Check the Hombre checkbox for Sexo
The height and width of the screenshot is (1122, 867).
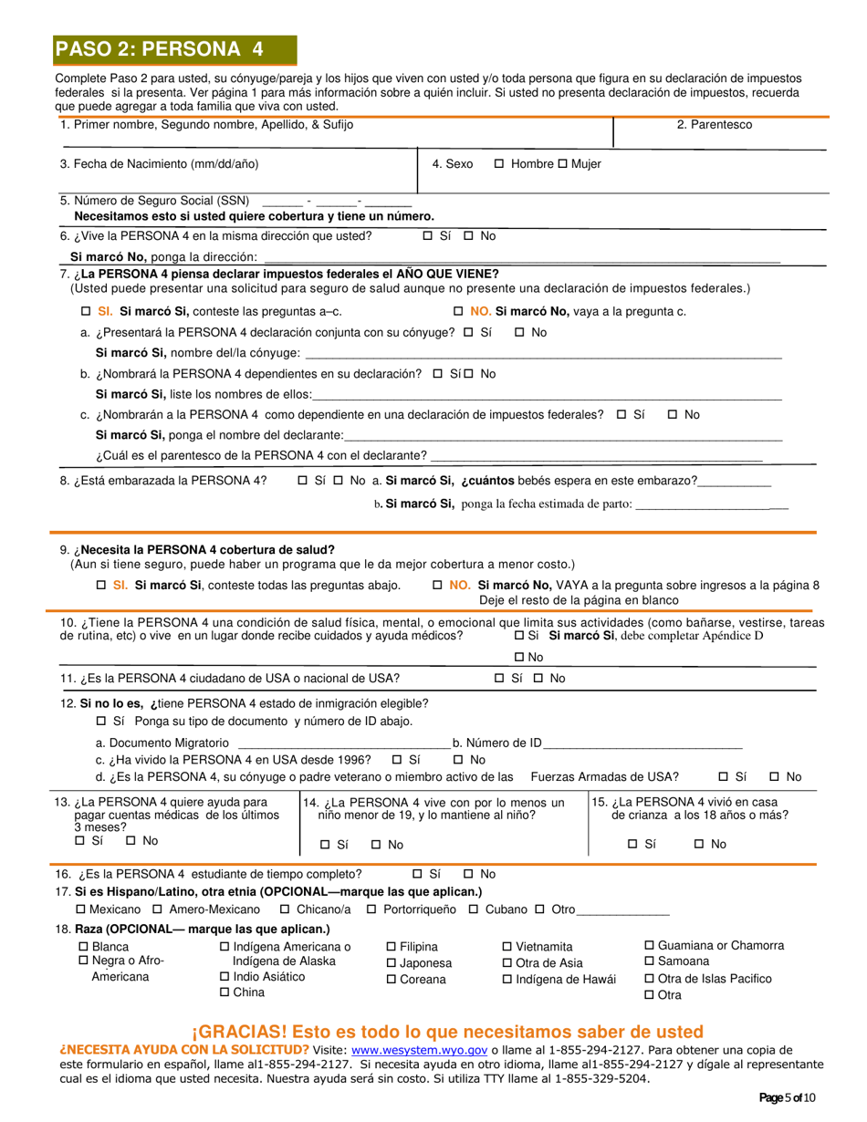click(499, 164)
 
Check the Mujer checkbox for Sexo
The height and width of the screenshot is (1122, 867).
click(562, 164)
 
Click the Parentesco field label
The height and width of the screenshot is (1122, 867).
click(714, 125)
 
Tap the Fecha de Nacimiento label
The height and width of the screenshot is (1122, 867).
click(159, 164)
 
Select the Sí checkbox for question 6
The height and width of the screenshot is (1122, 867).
click(428, 236)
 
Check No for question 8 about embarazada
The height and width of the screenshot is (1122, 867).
click(338, 481)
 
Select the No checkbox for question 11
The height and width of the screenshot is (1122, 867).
click(538, 679)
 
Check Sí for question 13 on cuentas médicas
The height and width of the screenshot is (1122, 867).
click(80, 840)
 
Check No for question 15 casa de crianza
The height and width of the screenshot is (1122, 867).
click(699, 845)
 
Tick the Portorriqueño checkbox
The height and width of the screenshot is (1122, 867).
click(371, 909)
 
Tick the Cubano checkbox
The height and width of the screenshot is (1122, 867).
click(474, 909)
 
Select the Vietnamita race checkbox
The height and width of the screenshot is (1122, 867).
click(507, 947)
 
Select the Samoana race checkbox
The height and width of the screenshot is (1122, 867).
click(650, 961)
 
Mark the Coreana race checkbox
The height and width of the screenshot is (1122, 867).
click(392, 980)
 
